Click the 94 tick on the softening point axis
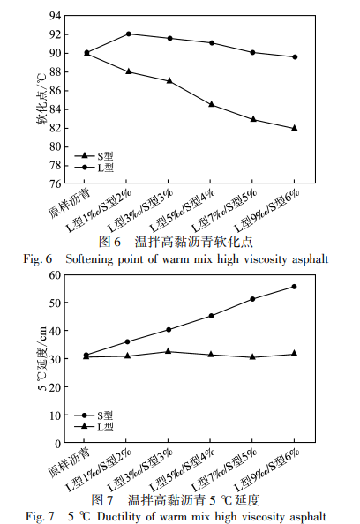pos(53,16)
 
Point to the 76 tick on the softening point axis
pos(53,183)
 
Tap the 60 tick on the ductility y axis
pos(53,274)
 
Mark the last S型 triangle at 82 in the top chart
pos(294,128)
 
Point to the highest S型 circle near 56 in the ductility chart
pos(294,287)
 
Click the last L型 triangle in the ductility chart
pos(294,354)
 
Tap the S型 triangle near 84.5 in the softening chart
pos(211,104)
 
